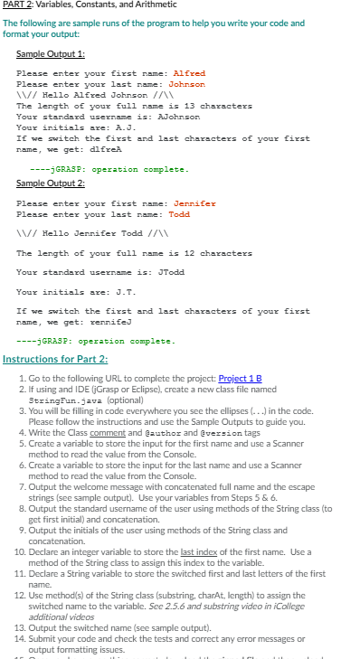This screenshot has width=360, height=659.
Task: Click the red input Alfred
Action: (189, 73)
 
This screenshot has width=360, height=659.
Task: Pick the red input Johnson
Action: (186, 84)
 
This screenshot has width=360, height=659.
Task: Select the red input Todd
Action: (179, 214)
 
